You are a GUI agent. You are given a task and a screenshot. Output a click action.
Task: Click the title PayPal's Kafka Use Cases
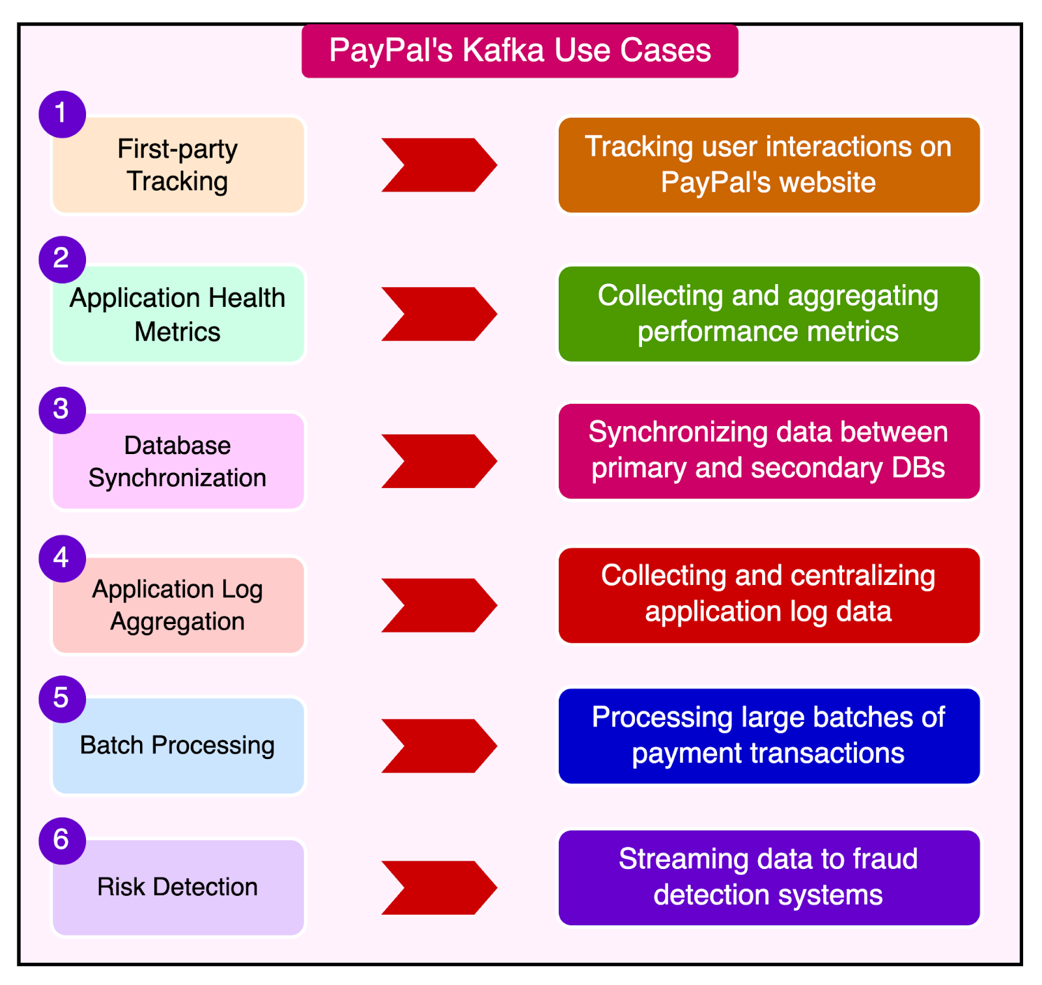coord(520,51)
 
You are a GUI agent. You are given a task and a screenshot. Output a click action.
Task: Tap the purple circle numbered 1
coord(62,114)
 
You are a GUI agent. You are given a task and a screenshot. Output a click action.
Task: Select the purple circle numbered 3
coord(62,410)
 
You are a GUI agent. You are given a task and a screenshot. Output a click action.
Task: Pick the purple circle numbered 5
coord(62,698)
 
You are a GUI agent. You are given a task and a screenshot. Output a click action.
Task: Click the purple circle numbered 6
coord(62,840)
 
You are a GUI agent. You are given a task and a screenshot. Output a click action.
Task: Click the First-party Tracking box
coord(178,165)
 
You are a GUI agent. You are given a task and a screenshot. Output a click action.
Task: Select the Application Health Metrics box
coord(178,315)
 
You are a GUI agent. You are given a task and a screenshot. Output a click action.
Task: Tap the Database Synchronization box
coord(178,462)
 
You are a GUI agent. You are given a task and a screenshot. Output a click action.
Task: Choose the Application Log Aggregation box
coord(178,605)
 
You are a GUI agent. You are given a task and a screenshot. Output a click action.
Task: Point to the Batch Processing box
coord(178,746)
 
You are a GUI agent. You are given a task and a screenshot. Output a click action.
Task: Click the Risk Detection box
coord(178,887)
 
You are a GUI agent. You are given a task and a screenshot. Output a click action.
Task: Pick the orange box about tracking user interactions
coord(768,165)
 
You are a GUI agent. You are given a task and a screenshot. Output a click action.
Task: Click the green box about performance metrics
coord(768,313)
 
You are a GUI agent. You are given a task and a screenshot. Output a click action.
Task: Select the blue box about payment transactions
coord(768,735)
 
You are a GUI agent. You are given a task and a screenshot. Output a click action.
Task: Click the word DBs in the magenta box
coord(920,468)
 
